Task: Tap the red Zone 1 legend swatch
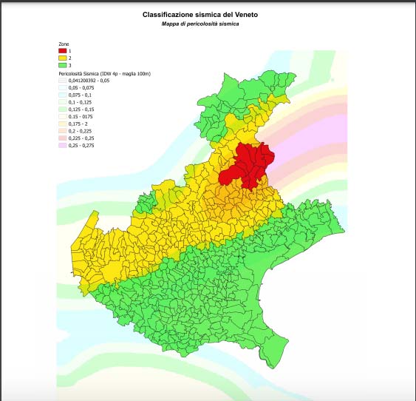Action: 62,50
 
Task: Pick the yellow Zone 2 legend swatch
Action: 62,58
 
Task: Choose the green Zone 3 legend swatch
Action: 62,65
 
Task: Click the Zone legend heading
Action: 64,44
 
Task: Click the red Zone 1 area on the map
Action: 248,166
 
